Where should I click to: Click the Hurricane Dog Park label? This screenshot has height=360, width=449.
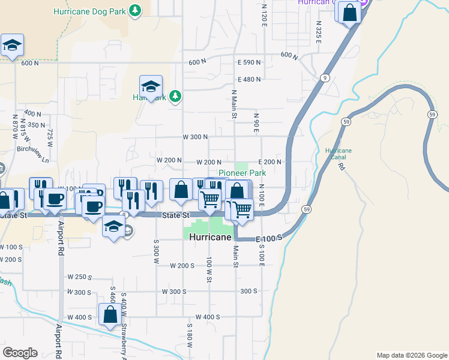pyautogui.click(x=89, y=11)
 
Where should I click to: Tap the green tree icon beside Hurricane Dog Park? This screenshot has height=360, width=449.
pyautogui.click(x=136, y=10)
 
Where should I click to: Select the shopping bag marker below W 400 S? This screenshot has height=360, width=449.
pyautogui.click(x=110, y=315)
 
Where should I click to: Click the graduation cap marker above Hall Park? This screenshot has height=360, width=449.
pyautogui.click(x=151, y=85)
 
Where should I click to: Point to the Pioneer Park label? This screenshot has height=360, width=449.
pyautogui.click(x=242, y=173)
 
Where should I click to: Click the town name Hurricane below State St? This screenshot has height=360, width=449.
pyautogui.click(x=210, y=238)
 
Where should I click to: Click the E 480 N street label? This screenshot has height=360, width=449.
pyautogui.click(x=250, y=79)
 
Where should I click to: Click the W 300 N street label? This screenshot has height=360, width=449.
pyautogui.click(x=195, y=137)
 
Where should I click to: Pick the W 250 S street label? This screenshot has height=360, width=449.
pyautogui.click(x=80, y=277)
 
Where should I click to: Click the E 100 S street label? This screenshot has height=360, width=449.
pyautogui.click(x=268, y=239)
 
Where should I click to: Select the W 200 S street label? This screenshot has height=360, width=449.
pyautogui.click(x=182, y=265)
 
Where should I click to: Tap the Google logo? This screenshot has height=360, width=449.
pyautogui.click(x=20, y=353)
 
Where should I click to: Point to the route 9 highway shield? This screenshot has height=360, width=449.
pyautogui.click(x=324, y=77)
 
